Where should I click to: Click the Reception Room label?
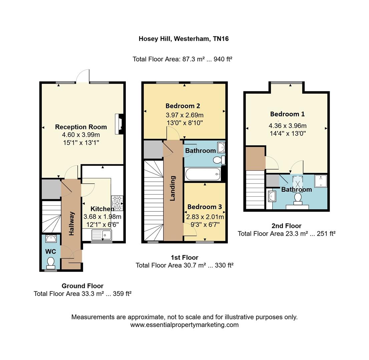pyautogui.click(x=81, y=127)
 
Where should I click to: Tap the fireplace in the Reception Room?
pyautogui.click(x=119, y=124)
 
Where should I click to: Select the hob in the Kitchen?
pyautogui.click(x=117, y=203)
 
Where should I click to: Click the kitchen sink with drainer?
pyautogui.click(x=102, y=235)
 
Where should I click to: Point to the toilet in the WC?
pyautogui.click(x=51, y=263)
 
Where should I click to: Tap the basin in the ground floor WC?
pyautogui.click(x=51, y=239)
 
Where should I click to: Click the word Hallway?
pyautogui.click(x=71, y=223)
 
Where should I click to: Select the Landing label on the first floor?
pyautogui.click(x=173, y=188)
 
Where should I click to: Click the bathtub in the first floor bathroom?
pyautogui.click(x=203, y=174)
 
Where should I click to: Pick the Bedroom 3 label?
pyautogui.click(x=205, y=207)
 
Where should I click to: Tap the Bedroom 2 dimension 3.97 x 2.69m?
pyautogui.click(x=184, y=115)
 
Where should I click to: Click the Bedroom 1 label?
pyautogui.click(x=287, y=114)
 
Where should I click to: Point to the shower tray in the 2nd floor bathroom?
pyautogui.click(x=321, y=181)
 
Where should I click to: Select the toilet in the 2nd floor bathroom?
pyautogui.click(x=298, y=198)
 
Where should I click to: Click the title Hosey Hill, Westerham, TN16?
pyautogui.click(x=183, y=39)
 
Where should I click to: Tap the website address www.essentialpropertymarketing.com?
pyautogui.click(x=184, y=325)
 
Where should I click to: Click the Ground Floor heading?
pyautogui.click(x=83, y=286)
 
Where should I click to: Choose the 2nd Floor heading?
pyautogui.click(x=286, y=226)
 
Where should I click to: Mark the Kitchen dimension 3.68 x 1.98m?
pyautogui.click(x=102, y=217)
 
